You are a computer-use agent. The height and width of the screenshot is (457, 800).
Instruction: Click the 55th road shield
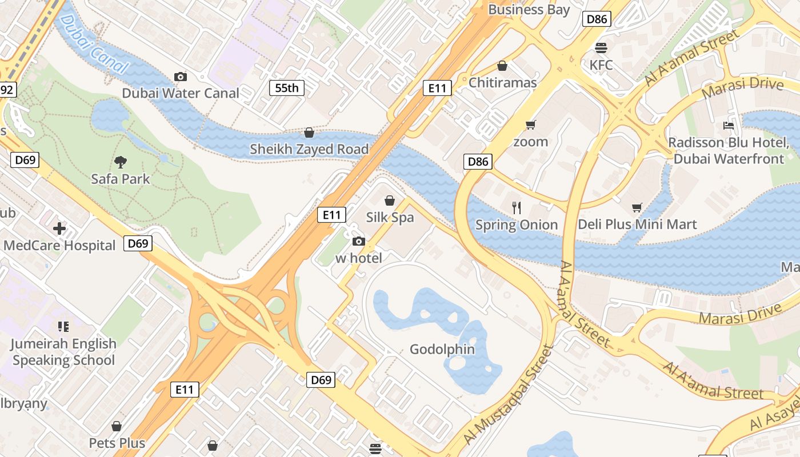287,88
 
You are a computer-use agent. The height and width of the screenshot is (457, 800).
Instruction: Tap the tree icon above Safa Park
121,162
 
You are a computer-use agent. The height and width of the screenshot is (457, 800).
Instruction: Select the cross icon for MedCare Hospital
59,229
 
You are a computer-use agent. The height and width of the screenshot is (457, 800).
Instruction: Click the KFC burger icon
601,47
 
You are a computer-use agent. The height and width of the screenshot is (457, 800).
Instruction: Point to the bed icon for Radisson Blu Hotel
729,125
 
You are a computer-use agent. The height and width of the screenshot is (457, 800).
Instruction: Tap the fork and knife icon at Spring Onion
517,207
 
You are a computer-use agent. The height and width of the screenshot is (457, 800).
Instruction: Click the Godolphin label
442,349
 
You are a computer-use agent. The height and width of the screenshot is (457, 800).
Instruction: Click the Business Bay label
529,10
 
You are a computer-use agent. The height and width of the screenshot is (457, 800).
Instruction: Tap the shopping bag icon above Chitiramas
502,66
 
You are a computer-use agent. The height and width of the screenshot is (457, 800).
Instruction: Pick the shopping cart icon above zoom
530,125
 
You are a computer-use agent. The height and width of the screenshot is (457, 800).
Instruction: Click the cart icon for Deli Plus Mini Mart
637,207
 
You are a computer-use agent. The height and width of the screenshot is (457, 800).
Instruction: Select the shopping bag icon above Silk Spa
390,201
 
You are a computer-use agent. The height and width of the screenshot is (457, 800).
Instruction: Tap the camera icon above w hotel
359,241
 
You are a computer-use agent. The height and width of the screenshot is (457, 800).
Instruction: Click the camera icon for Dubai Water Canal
181,77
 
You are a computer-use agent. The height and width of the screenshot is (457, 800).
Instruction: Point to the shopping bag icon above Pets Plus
117,426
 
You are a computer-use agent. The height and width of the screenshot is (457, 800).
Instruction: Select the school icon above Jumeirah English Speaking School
63,327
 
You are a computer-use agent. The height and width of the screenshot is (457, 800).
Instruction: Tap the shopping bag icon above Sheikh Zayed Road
309,133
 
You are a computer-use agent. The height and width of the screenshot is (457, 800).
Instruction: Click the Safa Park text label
121,179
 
